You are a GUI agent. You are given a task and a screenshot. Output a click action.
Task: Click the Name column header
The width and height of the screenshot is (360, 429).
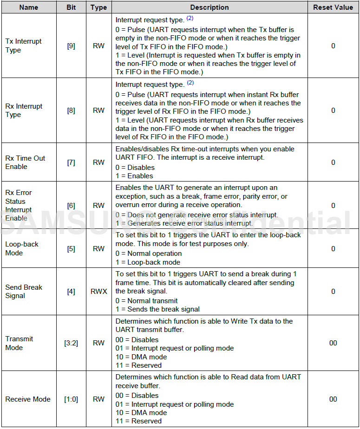coord(29,7)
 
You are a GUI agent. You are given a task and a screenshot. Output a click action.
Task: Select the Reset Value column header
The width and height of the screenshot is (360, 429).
coord(333,7)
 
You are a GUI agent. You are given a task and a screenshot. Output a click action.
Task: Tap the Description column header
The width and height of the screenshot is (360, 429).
coord(209,7)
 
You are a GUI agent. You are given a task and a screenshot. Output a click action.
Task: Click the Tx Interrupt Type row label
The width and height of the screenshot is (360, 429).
coord(23,45)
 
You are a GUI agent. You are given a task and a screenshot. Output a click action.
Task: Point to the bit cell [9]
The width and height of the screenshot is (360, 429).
coord(71,46)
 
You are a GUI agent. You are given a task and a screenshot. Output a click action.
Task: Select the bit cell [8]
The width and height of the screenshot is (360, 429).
coord(71,110)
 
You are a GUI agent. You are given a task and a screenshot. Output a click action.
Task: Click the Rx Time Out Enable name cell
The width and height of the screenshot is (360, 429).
coord(25,162)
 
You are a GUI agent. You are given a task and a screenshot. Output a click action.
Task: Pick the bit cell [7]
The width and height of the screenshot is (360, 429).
coord(71,162)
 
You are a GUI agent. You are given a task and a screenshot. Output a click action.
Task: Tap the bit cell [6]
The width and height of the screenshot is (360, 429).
coord(71,205)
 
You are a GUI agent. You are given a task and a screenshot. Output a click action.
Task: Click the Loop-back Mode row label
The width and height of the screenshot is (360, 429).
coord(22,248)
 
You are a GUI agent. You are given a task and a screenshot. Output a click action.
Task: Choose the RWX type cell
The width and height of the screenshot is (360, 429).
coord(98,292)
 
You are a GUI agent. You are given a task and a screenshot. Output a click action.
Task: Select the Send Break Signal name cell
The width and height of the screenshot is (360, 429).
coord(24,291)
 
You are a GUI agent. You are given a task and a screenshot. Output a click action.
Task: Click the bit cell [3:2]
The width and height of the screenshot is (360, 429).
coord(71,343)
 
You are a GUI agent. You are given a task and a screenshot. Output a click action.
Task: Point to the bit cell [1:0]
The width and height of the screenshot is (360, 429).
coord(71,399)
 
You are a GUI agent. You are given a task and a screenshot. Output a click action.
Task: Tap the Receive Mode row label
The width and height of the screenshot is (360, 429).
coord(28,399)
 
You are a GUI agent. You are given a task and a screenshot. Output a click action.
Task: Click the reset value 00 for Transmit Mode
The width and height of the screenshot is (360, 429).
coord(333,343)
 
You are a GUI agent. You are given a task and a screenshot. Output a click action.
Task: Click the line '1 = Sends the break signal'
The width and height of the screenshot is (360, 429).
coord(157,309)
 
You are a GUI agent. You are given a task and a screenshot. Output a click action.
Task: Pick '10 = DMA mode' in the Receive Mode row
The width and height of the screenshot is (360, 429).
coord(147,412)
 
